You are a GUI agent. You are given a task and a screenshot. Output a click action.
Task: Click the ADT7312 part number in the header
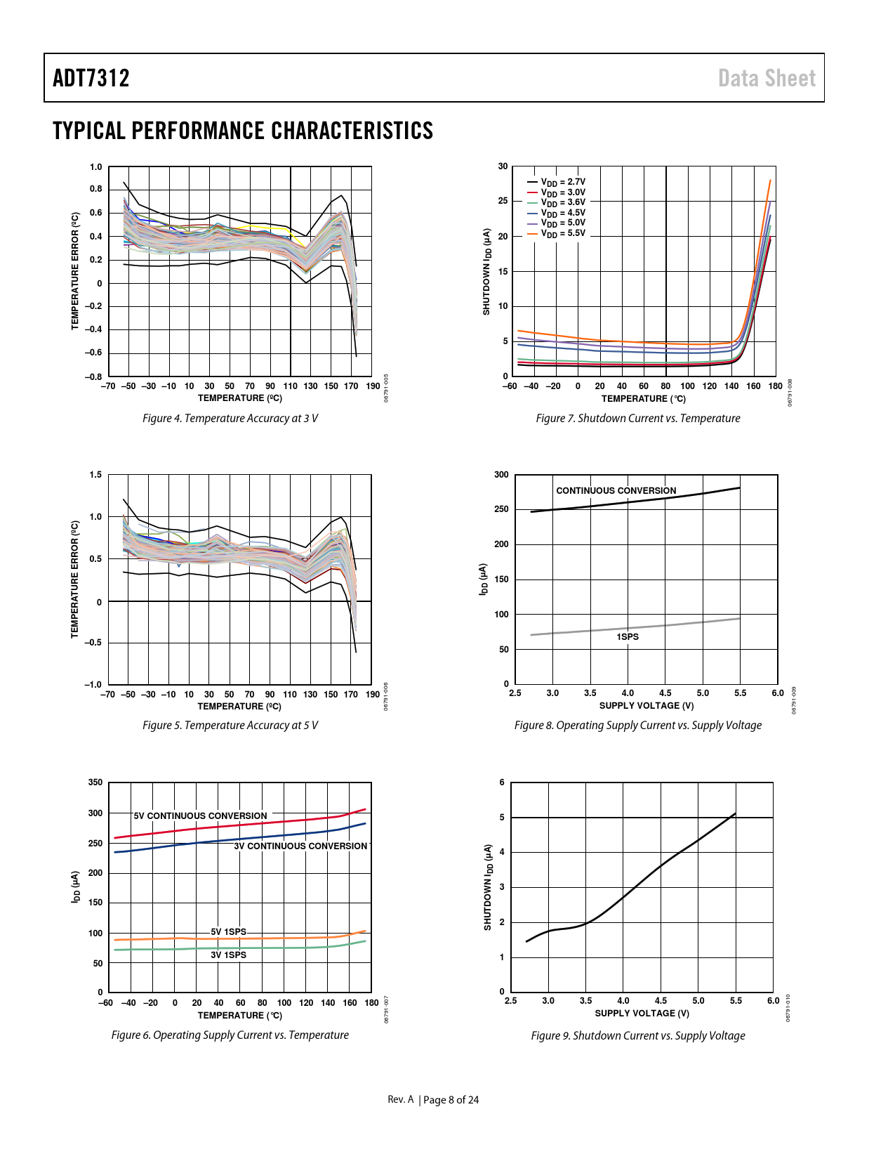click(x=91, y=78)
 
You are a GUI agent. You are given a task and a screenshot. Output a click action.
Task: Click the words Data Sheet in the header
click(x=767, y=78)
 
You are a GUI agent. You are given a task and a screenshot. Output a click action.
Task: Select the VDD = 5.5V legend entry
click(x=562, y=233)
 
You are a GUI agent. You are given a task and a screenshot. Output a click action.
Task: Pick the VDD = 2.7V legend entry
click(x=562, y=182)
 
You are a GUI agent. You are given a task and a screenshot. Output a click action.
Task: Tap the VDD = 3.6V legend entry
click(x=562, y=202)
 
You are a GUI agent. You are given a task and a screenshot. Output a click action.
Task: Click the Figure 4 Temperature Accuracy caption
click(x=230, y=419)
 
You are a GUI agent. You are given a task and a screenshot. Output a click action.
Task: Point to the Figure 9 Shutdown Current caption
click(x=637, y=1036)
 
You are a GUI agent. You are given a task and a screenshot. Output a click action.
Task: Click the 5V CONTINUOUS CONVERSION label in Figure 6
click(x=200, y=816)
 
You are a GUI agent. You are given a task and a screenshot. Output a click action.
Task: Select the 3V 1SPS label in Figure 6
click(x=229, y=955)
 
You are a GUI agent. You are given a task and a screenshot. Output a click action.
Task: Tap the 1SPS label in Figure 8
click(x=628, y=637)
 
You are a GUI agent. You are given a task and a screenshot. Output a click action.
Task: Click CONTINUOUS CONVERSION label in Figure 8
click(x=616, y=491)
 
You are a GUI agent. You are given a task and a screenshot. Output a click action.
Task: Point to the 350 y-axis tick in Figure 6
click(x=95, y=783)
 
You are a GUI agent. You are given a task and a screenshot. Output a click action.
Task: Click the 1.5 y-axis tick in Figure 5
click(x=95, y=475)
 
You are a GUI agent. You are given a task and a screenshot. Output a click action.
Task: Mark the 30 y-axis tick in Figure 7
click(x=503, y=166)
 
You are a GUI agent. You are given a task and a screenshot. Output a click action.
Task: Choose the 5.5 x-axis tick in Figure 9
click(x=736, y=1001)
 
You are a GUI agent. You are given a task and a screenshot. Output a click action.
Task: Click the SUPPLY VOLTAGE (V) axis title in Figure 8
click(x=646, y=706)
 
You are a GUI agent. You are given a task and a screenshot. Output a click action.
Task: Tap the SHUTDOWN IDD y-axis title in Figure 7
click(x=486, y=271)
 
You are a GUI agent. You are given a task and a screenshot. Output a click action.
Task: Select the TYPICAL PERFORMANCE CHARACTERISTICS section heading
click(x=243, y=131)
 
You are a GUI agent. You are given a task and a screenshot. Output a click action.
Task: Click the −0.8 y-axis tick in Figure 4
click(x=94, y=377)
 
